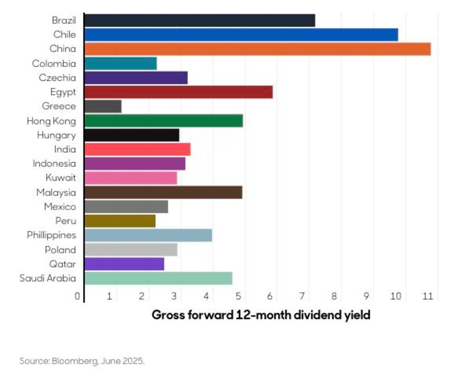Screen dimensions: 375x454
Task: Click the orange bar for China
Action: (x=257, y=49)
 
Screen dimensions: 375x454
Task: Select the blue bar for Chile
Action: (x=241, y=35)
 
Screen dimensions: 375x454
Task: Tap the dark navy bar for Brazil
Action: (x=199, y=20)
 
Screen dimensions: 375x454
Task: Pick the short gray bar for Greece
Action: (x=103, y=106)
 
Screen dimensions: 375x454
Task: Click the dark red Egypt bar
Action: (x=178, y=92)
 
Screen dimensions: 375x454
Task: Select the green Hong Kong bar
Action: (x=163, y=121)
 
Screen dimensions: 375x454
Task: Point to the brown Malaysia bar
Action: (x=163, y=192)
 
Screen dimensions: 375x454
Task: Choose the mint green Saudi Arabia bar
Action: (x=158, y=279)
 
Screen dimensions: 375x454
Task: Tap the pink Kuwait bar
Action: (x=131, y=178)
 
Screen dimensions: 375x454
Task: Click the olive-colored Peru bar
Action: (x=120, y=221)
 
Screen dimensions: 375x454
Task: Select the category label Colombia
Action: (x=54, y=64)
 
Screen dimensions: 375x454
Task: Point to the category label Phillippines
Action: (x=51, y=235)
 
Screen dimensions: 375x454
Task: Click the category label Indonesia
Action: (x=54, y=164)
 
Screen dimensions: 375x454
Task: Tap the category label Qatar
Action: (x=63, y=264)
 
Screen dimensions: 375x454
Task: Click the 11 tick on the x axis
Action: (x=428, y=296)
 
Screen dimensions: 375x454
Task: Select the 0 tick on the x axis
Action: (x=77, y=296)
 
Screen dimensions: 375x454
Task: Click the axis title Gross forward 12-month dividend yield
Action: (x=261, y=315)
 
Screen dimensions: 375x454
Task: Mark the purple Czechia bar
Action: (x=136, y=78)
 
